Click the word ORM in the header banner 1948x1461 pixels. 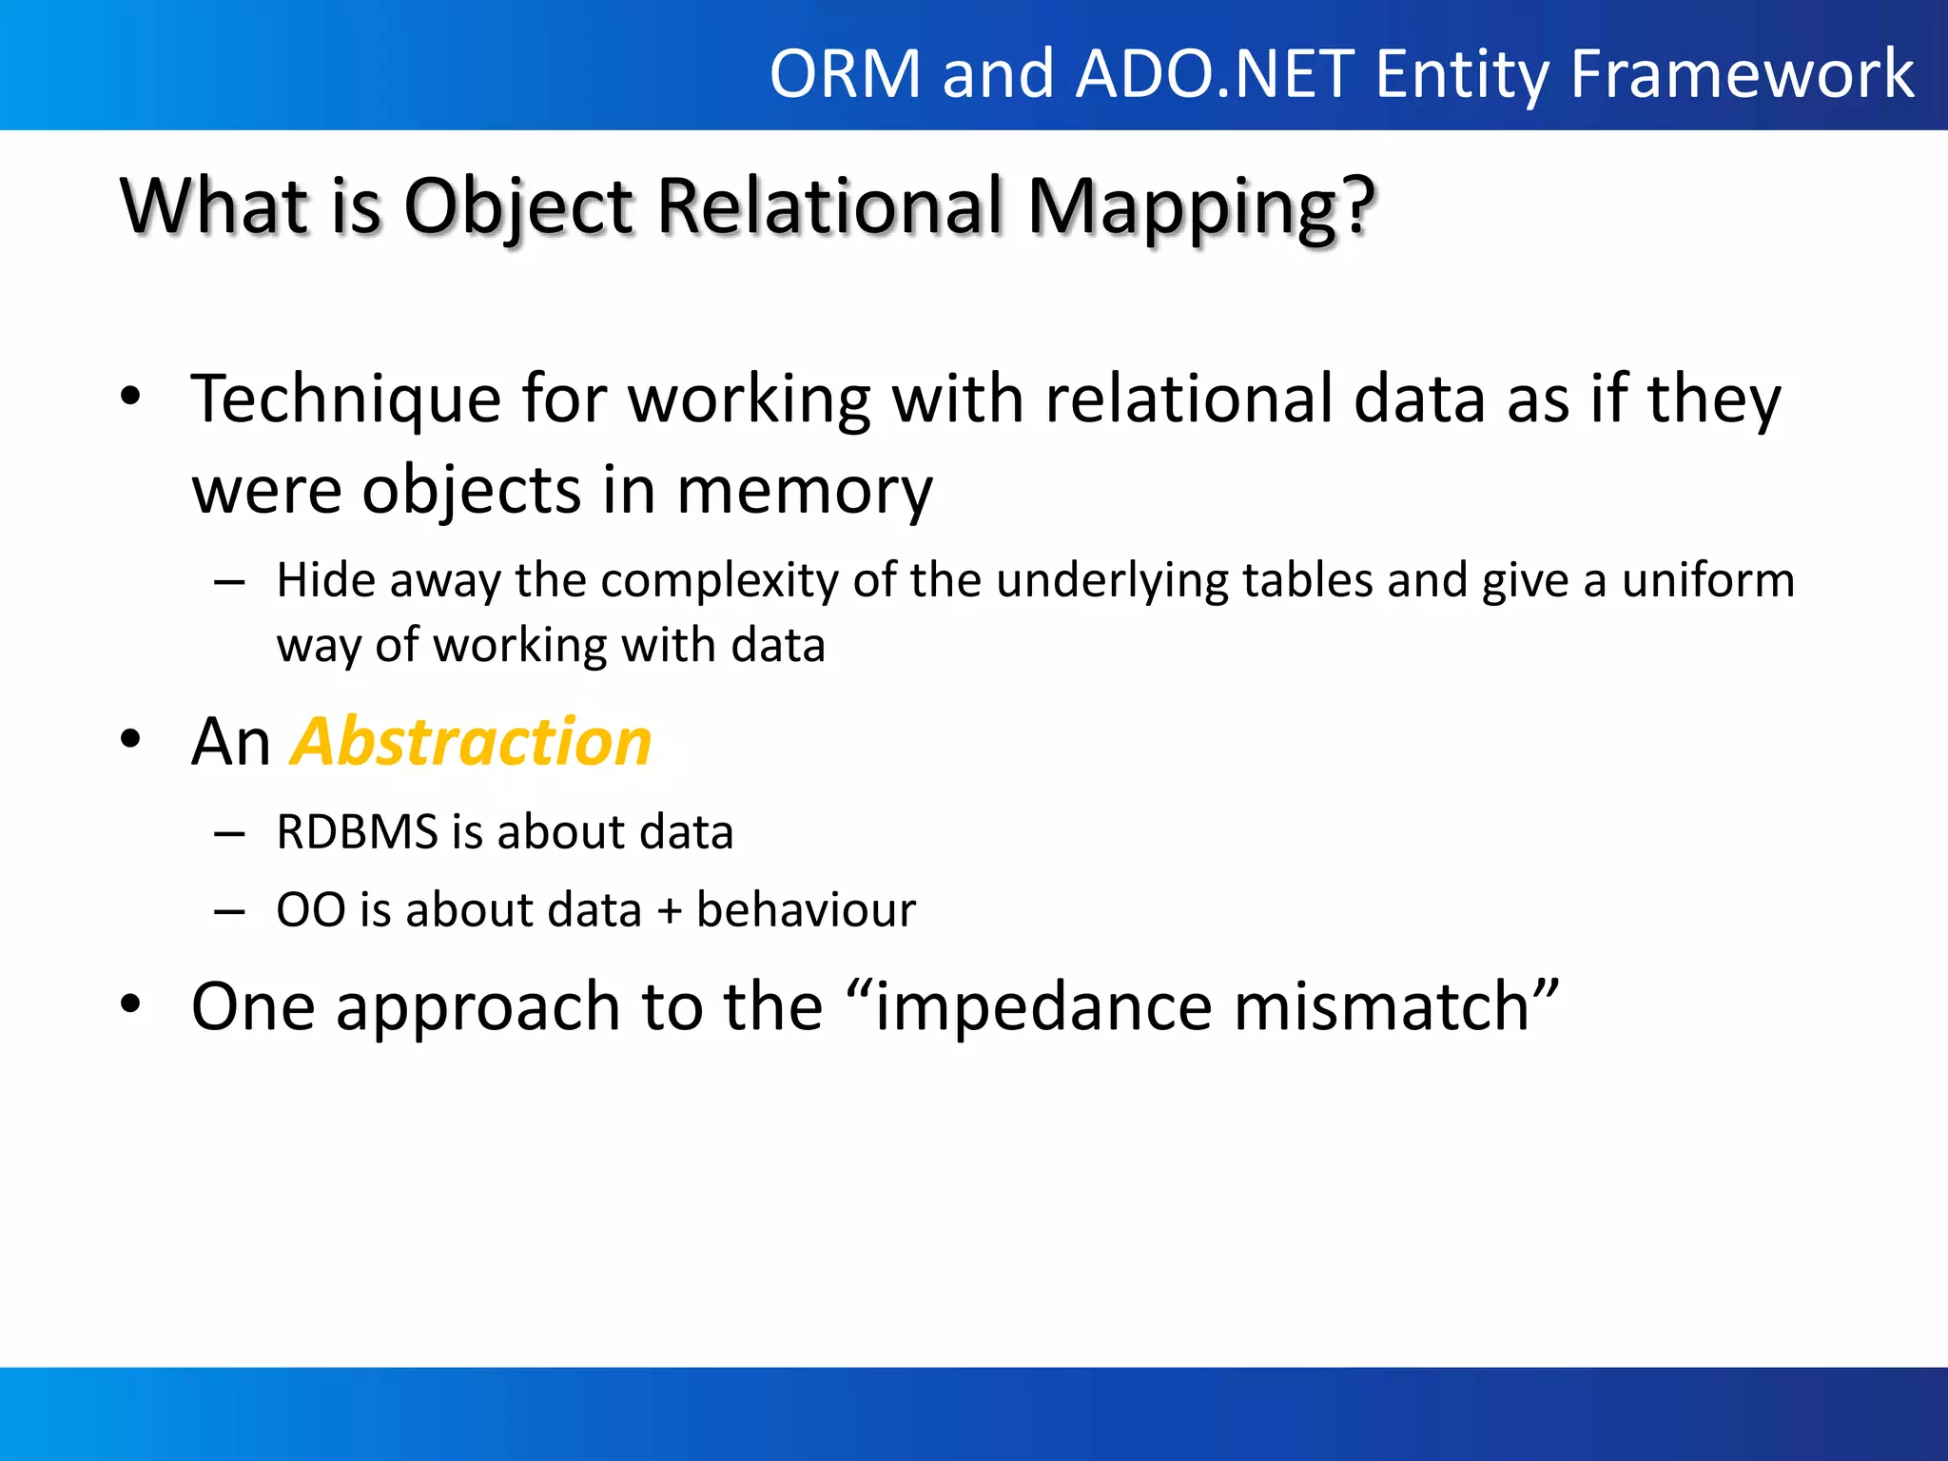coord(845,74)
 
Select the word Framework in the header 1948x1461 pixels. coord(1742,74)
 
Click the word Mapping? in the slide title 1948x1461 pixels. coord(1201,207)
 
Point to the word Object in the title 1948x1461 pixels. coord(518,207)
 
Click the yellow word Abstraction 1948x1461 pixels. coord(472,742)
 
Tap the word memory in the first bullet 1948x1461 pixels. coord(805,491)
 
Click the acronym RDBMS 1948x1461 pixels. coord(358,832)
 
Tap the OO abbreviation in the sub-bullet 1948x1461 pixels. coord(311,910)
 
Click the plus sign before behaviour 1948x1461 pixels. coord(670,911)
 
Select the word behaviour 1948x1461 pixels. coord(806,910)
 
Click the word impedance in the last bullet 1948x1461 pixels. coord(1043,1006)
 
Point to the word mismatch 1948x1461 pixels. coord(1382,1006)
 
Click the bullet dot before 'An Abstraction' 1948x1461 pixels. coord(131,740)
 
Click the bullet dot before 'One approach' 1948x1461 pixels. coord(131,1004)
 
